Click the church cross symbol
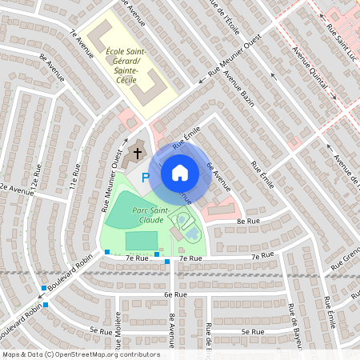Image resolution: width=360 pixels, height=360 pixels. pyautogui.click(x=137, y=153)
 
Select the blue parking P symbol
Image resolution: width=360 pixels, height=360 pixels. pyautogui.click(x=146, y=178)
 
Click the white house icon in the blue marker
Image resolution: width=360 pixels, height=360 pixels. pyautogui.click(x=180, y=172)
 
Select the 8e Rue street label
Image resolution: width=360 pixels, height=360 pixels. pyautogui.click(x=248, y=221)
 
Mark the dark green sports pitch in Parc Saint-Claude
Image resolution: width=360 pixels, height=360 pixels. pyautogui.click(x=142, y=241)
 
